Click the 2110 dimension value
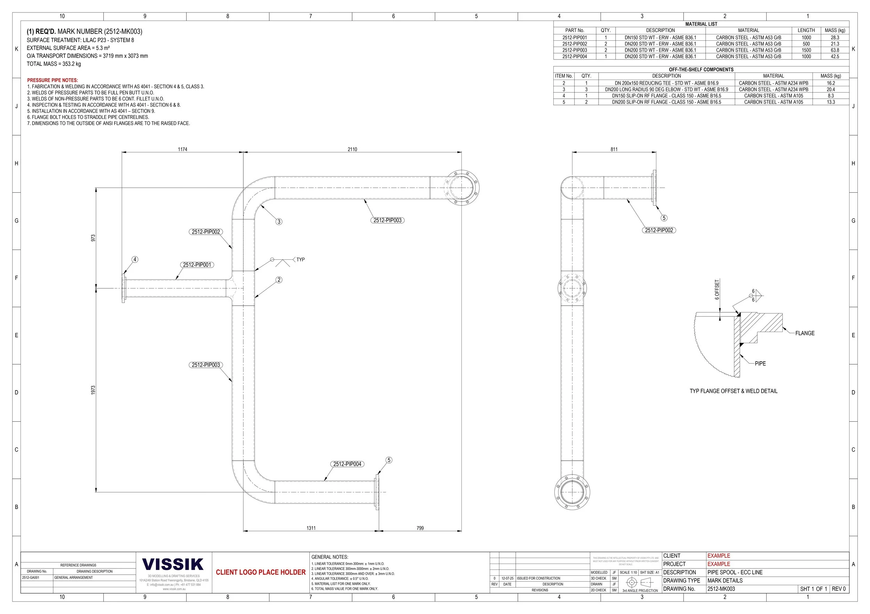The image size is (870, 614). coord(352,150)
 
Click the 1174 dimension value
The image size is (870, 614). coord(182,150)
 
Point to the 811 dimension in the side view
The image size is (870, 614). coord(614,150)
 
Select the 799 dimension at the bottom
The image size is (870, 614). coord(420,528)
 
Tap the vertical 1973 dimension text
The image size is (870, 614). coord(93,390)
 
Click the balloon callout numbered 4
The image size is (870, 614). coord(135,260)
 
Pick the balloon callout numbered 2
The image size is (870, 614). coord(279,280)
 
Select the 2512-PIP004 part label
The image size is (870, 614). coord(347,464)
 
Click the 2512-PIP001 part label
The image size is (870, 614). coord(197,265)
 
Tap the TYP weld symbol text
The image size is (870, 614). coord(300,260)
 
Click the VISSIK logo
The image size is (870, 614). coord(173,564)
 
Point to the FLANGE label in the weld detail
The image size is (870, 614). coord(805,333)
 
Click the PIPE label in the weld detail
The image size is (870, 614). coord(760,363)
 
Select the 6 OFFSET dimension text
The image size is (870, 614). coord(717,290)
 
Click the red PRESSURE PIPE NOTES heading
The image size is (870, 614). coord(52,80)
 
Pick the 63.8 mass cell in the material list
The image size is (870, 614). coord(835,50)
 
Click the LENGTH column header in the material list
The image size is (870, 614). coord(806,30)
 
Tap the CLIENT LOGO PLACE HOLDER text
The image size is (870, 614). coord(261,572)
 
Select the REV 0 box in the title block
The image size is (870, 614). coord(839,589)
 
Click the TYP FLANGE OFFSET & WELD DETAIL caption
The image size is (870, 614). coord(733,391)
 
